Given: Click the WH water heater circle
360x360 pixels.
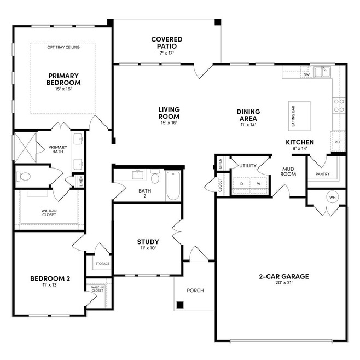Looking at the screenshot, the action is click(x=333, y=197).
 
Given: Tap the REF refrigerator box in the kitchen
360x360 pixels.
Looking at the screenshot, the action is click(x=338, y=142).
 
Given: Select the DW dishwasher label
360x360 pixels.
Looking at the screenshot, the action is click(x=306, y=74).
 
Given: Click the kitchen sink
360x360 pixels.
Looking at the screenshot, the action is click(x=323, y=72).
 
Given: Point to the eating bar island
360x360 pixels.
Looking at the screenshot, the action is click(x=299, y=116).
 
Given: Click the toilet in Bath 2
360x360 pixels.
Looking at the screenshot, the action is click(x=155, y=176).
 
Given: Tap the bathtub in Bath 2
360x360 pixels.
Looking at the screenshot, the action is click(x=173, y=185).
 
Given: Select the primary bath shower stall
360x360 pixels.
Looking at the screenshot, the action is click(x=26, y=147).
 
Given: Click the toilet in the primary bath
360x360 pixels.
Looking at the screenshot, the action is click(x=23, y=177).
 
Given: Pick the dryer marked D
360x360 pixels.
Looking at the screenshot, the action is click(x=241, y=184).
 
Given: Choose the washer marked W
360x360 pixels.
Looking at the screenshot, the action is click(x=259, y=184).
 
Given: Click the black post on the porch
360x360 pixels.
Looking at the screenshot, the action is click(x=180, y=305).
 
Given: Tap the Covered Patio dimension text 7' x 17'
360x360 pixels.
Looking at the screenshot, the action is click(x=167, y=53).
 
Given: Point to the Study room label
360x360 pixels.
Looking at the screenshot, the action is click(x=148, y=242).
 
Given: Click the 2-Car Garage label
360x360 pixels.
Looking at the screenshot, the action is click(x=284, y=276).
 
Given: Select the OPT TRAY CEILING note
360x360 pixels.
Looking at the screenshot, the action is click(x=63, y=47).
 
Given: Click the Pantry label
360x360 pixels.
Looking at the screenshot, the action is click(x=322, y=174).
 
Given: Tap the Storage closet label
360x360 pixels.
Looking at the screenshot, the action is click(x=102, y=264).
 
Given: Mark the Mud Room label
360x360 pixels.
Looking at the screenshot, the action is click(x=288, y=171).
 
